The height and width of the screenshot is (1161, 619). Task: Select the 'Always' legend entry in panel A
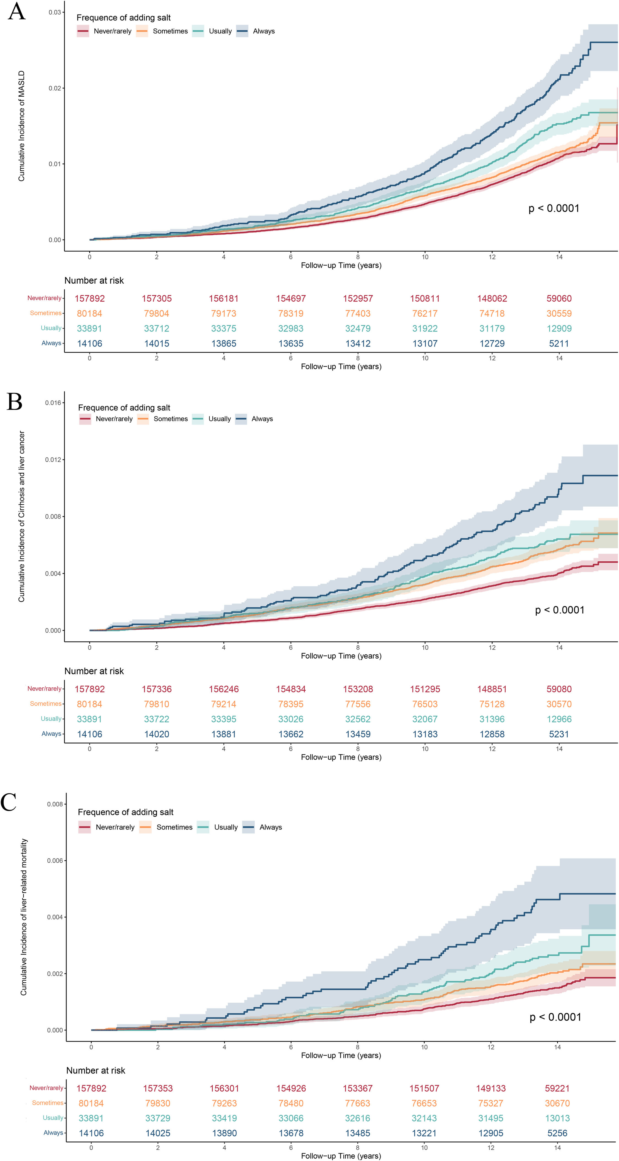264,31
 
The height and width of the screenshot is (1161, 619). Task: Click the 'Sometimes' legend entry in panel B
170,419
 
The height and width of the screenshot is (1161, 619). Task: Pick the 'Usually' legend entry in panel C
226,827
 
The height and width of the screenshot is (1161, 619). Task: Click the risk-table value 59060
559,298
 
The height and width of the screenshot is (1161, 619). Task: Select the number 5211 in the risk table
559,343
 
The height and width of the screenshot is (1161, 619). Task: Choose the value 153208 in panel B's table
358,689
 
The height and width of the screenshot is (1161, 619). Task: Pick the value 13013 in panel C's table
557,1118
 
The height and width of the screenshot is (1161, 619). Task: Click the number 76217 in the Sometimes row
425,314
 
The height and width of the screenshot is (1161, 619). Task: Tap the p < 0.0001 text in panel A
554,208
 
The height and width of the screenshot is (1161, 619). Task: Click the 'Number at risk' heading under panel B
94,671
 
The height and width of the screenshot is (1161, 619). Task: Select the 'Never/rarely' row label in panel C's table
46,1088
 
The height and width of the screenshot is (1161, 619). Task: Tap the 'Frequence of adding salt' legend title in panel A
124,18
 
